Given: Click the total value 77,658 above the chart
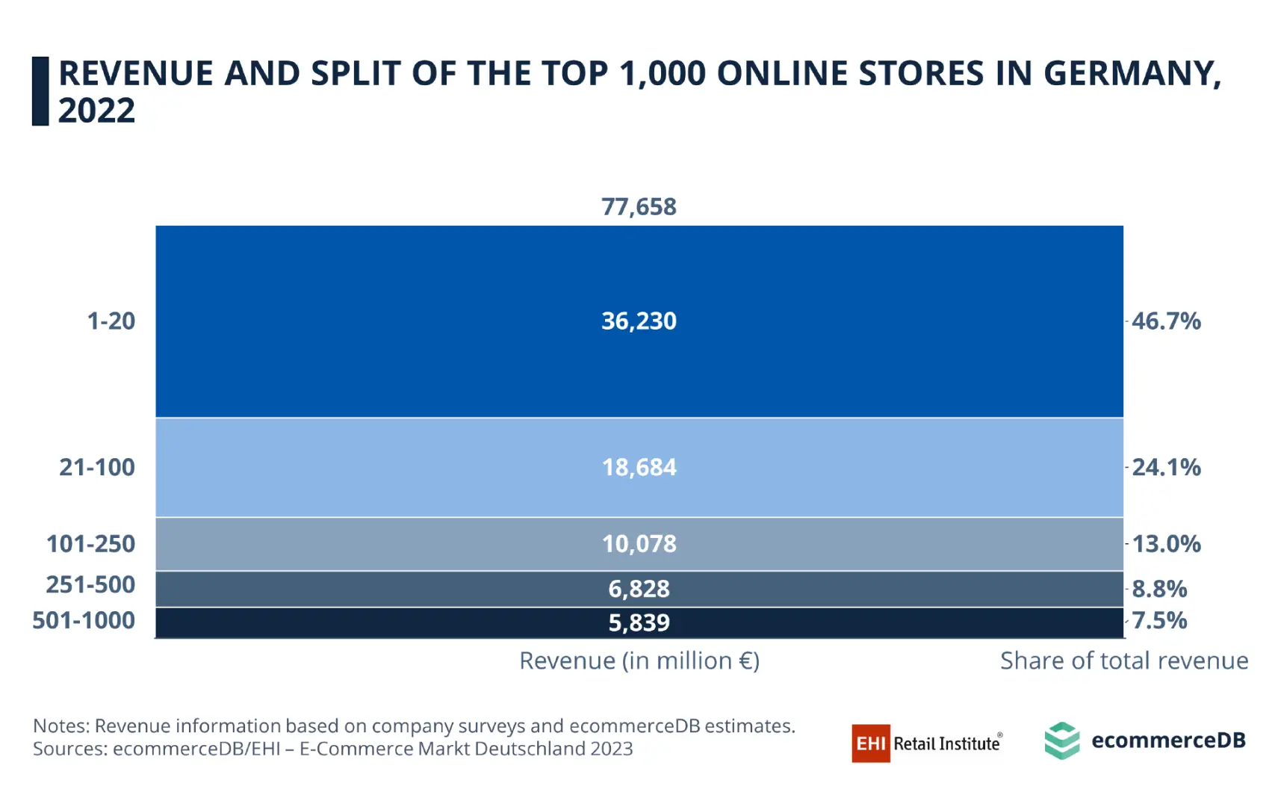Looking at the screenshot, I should [x=639, y=206].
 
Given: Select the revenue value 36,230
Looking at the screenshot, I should [x=639, y=321].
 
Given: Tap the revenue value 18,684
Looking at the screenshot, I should [x=639, y=467].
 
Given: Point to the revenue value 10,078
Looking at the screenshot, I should [x=639, y=543].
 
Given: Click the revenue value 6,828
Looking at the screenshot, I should [x=639, y=589].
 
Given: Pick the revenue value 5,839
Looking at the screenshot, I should [x=639, y=622].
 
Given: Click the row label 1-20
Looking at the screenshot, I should [x=111, y=321].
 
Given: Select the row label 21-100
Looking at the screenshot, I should [x=97, y=467].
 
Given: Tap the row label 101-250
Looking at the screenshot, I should [x=90, y=543].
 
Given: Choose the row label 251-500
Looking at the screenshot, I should [x=90, y=584].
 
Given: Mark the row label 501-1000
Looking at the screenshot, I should [x=84, y=620].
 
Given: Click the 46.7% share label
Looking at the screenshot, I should [x=1166, y=321].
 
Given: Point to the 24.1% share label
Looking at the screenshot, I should [x=1166, y=467].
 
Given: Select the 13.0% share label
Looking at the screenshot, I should [x=1166, y=543].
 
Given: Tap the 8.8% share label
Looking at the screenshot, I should [x=1159, y=589].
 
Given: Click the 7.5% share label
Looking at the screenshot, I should [x=1159, y=620].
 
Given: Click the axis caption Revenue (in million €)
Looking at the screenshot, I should [x=639, y=661].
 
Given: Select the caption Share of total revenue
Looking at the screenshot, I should [x=1123, y=661].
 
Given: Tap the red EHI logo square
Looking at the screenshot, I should [x=870, y=743].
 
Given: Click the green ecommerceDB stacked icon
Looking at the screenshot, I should [x=1061, y=740].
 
